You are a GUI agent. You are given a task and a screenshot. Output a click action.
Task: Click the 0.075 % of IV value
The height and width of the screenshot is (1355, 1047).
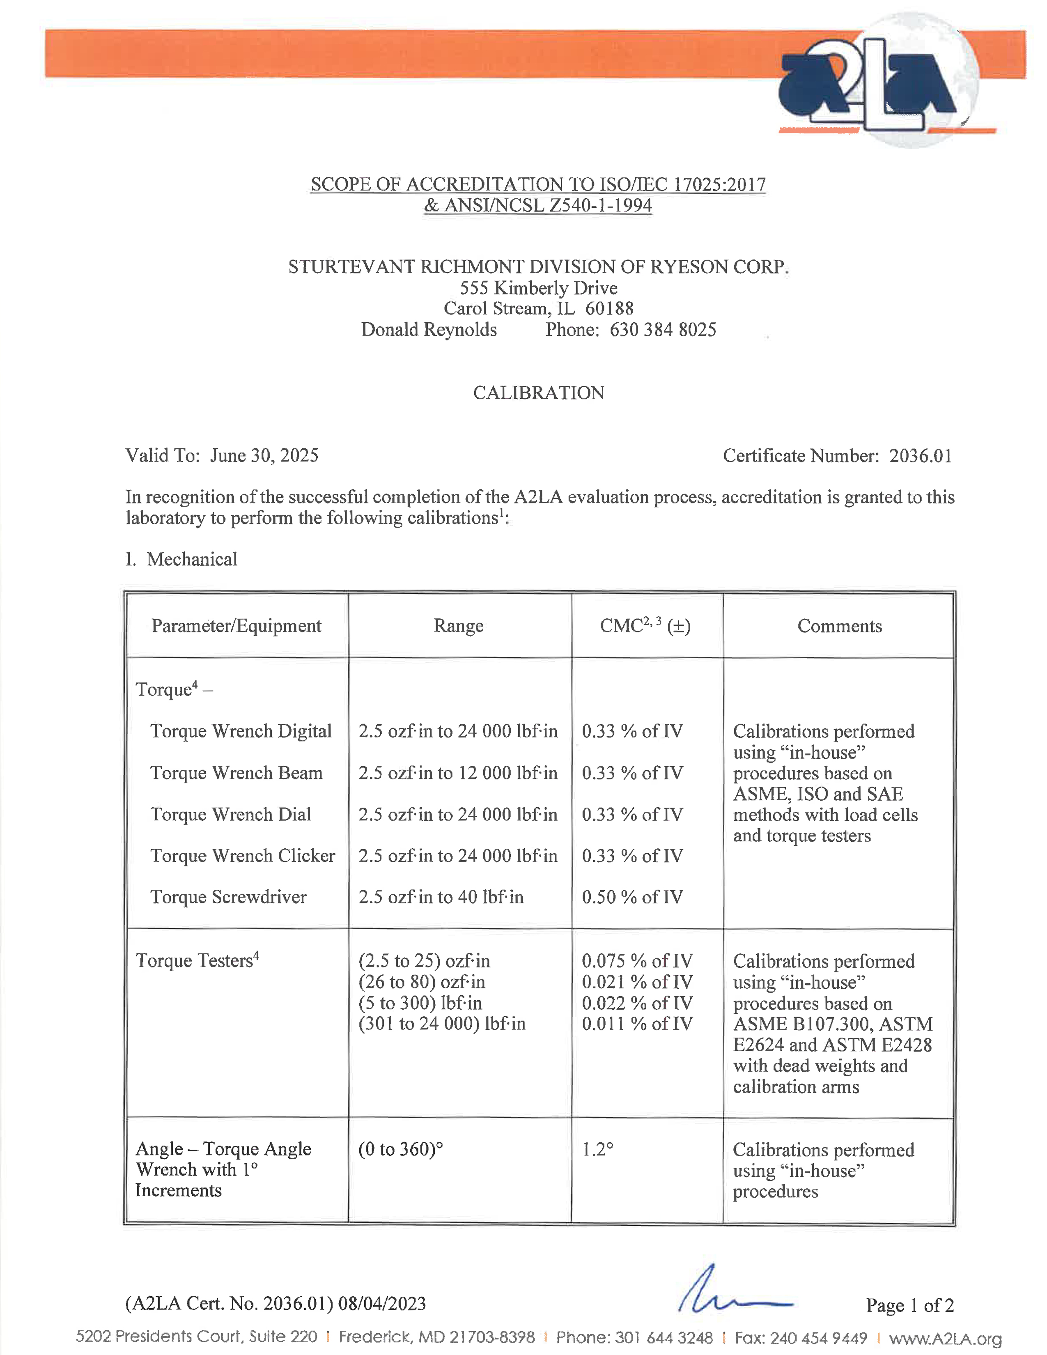pos(637,961)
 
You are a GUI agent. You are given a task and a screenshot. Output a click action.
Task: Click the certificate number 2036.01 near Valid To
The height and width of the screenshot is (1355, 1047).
pos(921,456)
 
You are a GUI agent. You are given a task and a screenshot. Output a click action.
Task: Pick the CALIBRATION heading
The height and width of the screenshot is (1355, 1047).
pos(538,393)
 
